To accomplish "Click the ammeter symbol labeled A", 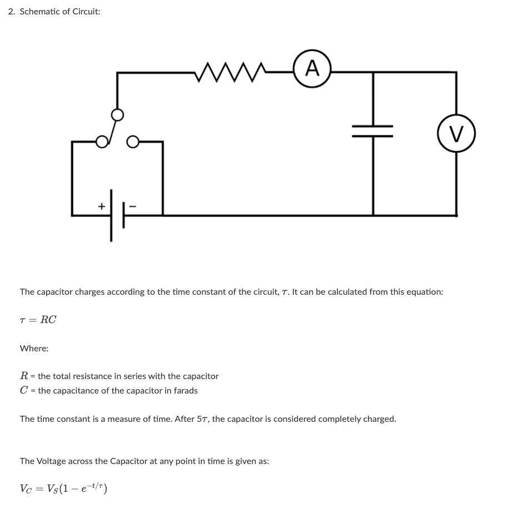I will pyautogui.click(x=312, y=69).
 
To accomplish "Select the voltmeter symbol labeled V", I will pyautogui.click(x=456, y=134).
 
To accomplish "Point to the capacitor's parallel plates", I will pyautogui.click(x=373, y=132).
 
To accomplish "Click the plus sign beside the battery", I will pyautogui.click(x=101, y=206).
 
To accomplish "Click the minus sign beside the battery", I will pyautogui.click(x=133, y=206).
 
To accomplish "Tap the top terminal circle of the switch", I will pyautogui.click(x=117, y=115).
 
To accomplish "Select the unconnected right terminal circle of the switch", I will pyautogui.click(x=132, y=142).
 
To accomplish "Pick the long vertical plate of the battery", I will pyautogui.click(x=111, y=215).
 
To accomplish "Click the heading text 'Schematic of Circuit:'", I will pyautogui.click(x=60, y=12).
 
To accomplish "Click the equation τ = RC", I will pyautogui.click(x=38, y=320).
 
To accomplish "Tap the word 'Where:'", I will pyautogui.click(x=34, y=349).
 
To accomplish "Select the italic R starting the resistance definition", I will pyautogui.click(x=24, y=376).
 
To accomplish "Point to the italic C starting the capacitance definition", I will pyautogui.click(x=24, y=391).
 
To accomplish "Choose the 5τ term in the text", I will pyautogui.click(x=203, y=419).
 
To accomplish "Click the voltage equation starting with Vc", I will pyautogui.click(x=63, y=488).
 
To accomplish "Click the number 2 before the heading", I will pyautogui.click(x=11, y=12).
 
